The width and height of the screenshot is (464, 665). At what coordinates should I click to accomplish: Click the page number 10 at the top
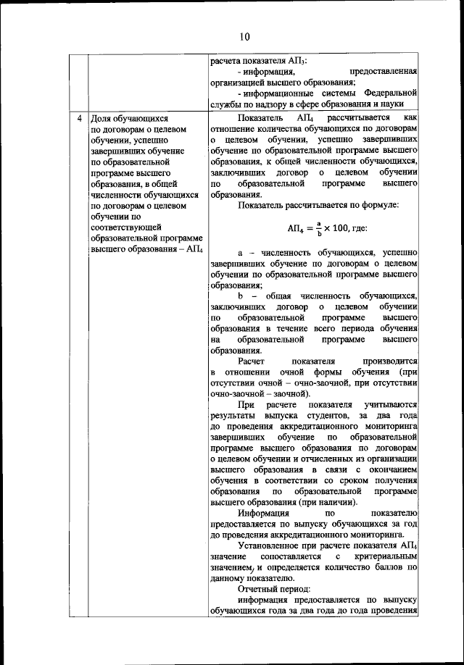[x=244, y=37]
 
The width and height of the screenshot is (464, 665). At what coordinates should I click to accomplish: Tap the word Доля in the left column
[x=99, y=118]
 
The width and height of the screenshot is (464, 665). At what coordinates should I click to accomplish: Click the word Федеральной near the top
[x=391, y=93]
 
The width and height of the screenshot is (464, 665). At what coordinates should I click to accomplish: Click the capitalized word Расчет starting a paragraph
[x=253, y=361]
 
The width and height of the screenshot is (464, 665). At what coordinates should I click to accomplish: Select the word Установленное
[x=268, y=545]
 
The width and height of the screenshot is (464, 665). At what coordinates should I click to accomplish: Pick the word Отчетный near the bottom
[x=256, y=589]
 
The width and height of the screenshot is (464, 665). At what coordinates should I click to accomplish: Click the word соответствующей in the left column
[x=123, y=227]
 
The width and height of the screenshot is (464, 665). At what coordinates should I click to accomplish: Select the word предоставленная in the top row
[x=383, y=72]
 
